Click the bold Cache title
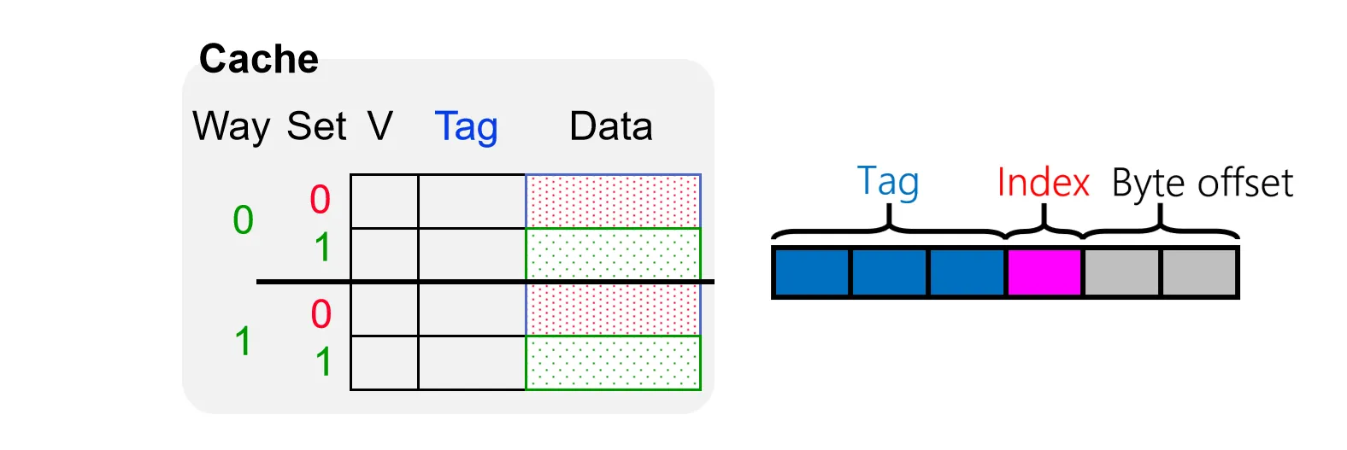(258, 60)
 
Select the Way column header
(231, 127)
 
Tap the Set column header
(316, 126)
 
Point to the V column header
(380, 126)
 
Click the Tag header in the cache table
(466, 127)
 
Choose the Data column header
(610, 126)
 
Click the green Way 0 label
(244, 220)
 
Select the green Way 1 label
(244, 342)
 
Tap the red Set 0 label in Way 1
(321, 314)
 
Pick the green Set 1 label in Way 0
(322, 248)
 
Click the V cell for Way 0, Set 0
(385, 202)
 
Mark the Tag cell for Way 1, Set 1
(472, 363)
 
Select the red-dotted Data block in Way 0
(613, 202)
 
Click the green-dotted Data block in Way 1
(613, 363)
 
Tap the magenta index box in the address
(1044, 272)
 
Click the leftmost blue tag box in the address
(812, 272)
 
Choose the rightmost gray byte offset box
(1198, 272)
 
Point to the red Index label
(1043, 183)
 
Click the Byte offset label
(1202, 184)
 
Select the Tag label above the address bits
(888, 183)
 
